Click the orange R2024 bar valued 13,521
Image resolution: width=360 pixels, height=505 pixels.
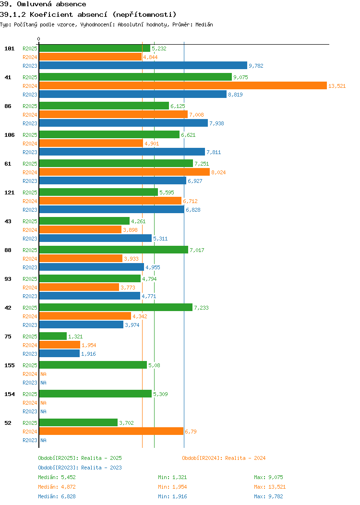(x=182, y=85)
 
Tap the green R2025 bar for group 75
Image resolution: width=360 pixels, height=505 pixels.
(x=53, y=336)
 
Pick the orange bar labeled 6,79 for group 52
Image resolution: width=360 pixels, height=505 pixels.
(x=111, y=431)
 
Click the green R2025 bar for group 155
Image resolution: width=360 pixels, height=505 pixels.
(x=93, y=365)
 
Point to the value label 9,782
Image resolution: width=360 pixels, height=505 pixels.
(x=256, y=66)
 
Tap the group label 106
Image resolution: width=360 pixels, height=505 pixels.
(x=10, y=135)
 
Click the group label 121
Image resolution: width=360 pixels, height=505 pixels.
(x=10, y=192)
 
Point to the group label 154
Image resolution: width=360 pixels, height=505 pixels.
(x=10, y=394)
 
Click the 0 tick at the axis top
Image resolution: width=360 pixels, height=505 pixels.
(x=39, y=39)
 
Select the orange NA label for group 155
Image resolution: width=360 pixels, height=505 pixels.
(x=43, y=374)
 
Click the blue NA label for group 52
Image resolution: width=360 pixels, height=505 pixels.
(x=43, y=440)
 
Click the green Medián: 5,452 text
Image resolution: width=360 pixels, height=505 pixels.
(x=57, y=477)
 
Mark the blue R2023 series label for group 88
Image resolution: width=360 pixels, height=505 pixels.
(x=30, y=267)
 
